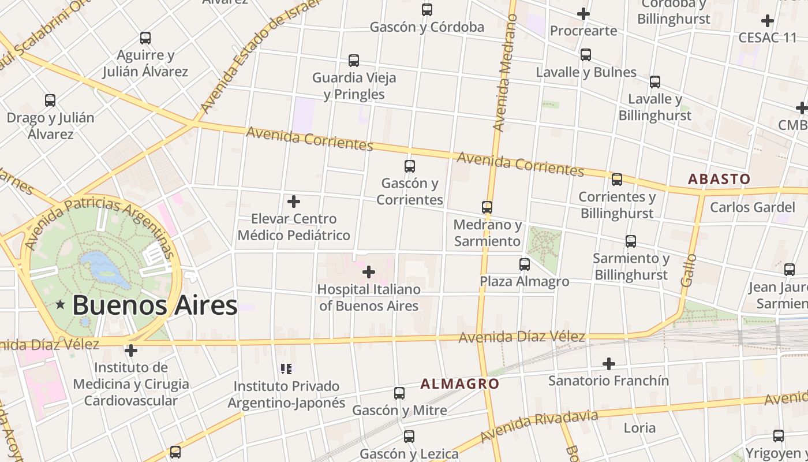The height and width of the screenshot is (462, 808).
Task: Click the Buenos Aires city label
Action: pyautogui.click(x=155, y=305)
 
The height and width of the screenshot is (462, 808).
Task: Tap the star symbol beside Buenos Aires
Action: pyautogui.click(x=60, y=304)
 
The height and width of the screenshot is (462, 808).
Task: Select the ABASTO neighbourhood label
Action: pyautogui.click(x=719, y=179)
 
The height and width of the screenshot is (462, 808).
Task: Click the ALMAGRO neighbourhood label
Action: pyautogui.click(x=459, y=383)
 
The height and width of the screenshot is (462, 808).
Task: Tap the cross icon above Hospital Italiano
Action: pyautogui.click(x=369, y=272)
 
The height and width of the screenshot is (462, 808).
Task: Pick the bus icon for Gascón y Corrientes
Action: pyautogui.click(x=410, y=166)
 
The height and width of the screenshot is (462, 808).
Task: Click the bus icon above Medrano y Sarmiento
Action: pyautogui.click(x=487, y=207)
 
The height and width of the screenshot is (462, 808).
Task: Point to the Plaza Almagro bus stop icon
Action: pyautogui.click(x=525, y=264)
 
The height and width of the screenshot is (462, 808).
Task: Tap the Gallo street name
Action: pyautogui.click(x=689, y=270)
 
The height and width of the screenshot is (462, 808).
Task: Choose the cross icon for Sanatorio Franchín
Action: pyautogui.click(x=609, y=364)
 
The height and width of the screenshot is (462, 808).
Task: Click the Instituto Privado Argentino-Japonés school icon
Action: pyautogui.click(x=286, y=368)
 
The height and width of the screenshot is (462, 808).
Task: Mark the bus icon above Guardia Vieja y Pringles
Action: pyautogui.click(x=354, y=61)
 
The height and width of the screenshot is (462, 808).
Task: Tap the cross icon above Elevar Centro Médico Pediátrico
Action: pyautogui.click(x=294, y=202)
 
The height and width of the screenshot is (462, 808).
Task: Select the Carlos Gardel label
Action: pyautogui.click(x=752, y=207)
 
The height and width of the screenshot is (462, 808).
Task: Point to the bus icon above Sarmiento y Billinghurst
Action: pyautogui.click(x=631, y=241)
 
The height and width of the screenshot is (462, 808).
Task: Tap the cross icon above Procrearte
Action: pyautogui.click(x=583, y=13)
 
